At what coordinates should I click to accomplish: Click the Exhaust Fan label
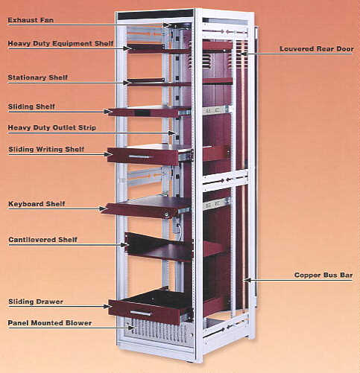(x=31, y=20)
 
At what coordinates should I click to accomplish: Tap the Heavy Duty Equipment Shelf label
(x=60, y=44)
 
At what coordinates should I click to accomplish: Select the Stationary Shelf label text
(x=38, y=77)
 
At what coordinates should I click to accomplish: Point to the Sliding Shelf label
(x=31, y=106)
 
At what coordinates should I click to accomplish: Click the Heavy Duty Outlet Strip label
(x=52, y=128)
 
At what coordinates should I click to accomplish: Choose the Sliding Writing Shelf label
(x=46, y=150)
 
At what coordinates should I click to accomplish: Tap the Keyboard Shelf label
(x=37, y=204)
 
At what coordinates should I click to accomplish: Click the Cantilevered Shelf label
(x=42, y=240)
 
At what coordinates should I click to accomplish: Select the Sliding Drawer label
(x=36, y=302)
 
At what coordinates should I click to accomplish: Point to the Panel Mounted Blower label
(x=50, y=323)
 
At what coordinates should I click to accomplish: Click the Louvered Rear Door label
(x=317, y=49)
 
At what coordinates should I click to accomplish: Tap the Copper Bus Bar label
(x=323, y=275)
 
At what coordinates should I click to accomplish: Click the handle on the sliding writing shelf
(x=141, y=157)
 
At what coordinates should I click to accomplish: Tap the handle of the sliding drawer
(x=141, y=313)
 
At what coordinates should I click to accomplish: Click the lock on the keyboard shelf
(x=165, y=214)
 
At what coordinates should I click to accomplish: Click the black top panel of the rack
(x=156, y=14)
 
